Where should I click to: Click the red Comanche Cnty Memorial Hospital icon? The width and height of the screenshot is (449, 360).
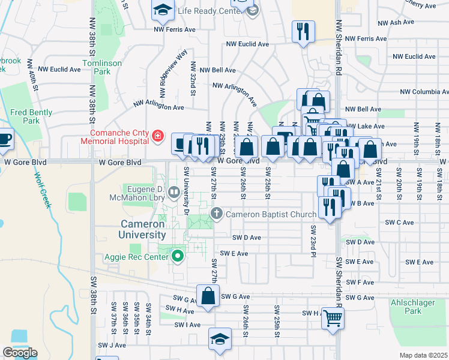click(158, 137)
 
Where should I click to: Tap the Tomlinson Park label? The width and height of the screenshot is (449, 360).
click(103, 67)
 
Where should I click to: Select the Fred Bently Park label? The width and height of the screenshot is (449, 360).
click(31, 116)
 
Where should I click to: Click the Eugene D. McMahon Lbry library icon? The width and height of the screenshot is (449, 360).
click(174, 193)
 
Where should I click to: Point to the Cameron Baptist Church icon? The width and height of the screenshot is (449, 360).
click(217, 214)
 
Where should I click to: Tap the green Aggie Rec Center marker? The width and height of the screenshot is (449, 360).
click(178, 257)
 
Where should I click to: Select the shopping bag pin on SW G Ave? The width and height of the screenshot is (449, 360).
click(208, 296)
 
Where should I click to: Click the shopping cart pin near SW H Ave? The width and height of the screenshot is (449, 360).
click(333, 318)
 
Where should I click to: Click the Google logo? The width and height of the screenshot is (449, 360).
click(20, 353)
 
